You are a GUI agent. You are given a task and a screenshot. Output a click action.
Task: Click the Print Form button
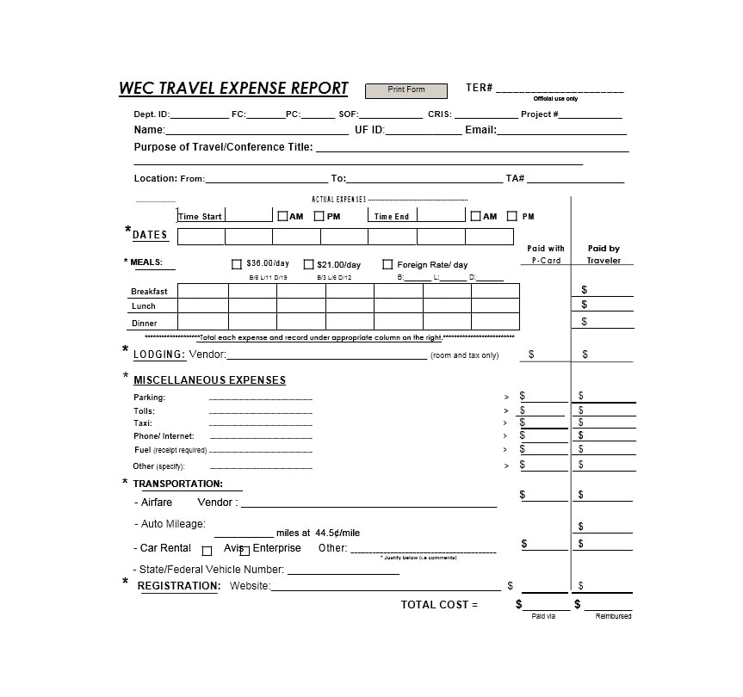[x=406, y=90]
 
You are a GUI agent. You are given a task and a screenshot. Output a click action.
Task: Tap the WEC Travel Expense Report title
[x=233, y=88]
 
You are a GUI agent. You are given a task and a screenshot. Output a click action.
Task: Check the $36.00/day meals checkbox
[x=237, y=265]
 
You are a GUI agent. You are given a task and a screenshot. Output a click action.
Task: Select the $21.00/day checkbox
[x=308, y=265]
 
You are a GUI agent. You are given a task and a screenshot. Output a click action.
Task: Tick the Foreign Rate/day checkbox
[x=387, y=265]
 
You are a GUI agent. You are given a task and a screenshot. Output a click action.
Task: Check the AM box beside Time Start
[x=282, y=216]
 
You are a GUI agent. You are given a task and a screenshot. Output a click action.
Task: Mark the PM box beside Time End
[x=512, y=216]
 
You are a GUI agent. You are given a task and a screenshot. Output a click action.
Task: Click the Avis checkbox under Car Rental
[x=207, y=551]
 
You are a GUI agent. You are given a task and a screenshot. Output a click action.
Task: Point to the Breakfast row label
[x=149, y=292]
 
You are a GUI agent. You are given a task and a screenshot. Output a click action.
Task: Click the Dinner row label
[x=144, y=324]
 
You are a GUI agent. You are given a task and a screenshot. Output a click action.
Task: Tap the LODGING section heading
[x=159, y=355]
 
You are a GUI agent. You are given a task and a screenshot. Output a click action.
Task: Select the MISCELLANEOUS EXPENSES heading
[x=209, y=380]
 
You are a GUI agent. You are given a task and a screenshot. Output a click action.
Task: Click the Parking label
[x=149, y=398]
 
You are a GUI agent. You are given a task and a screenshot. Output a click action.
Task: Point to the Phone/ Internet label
[x=164, y=436]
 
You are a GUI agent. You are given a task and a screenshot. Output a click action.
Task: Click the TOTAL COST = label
[x=439, y=605]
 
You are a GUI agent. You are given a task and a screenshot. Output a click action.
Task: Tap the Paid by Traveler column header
[x=604, y=254]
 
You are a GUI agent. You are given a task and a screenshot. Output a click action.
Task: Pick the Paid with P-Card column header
[x=546, y=254]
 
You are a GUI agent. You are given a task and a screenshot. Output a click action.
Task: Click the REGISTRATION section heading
[x=179, y=586]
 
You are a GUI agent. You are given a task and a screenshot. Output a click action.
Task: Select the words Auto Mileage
[x=173, y=524]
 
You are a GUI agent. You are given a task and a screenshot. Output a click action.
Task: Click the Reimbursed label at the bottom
[x=613, y=616]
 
